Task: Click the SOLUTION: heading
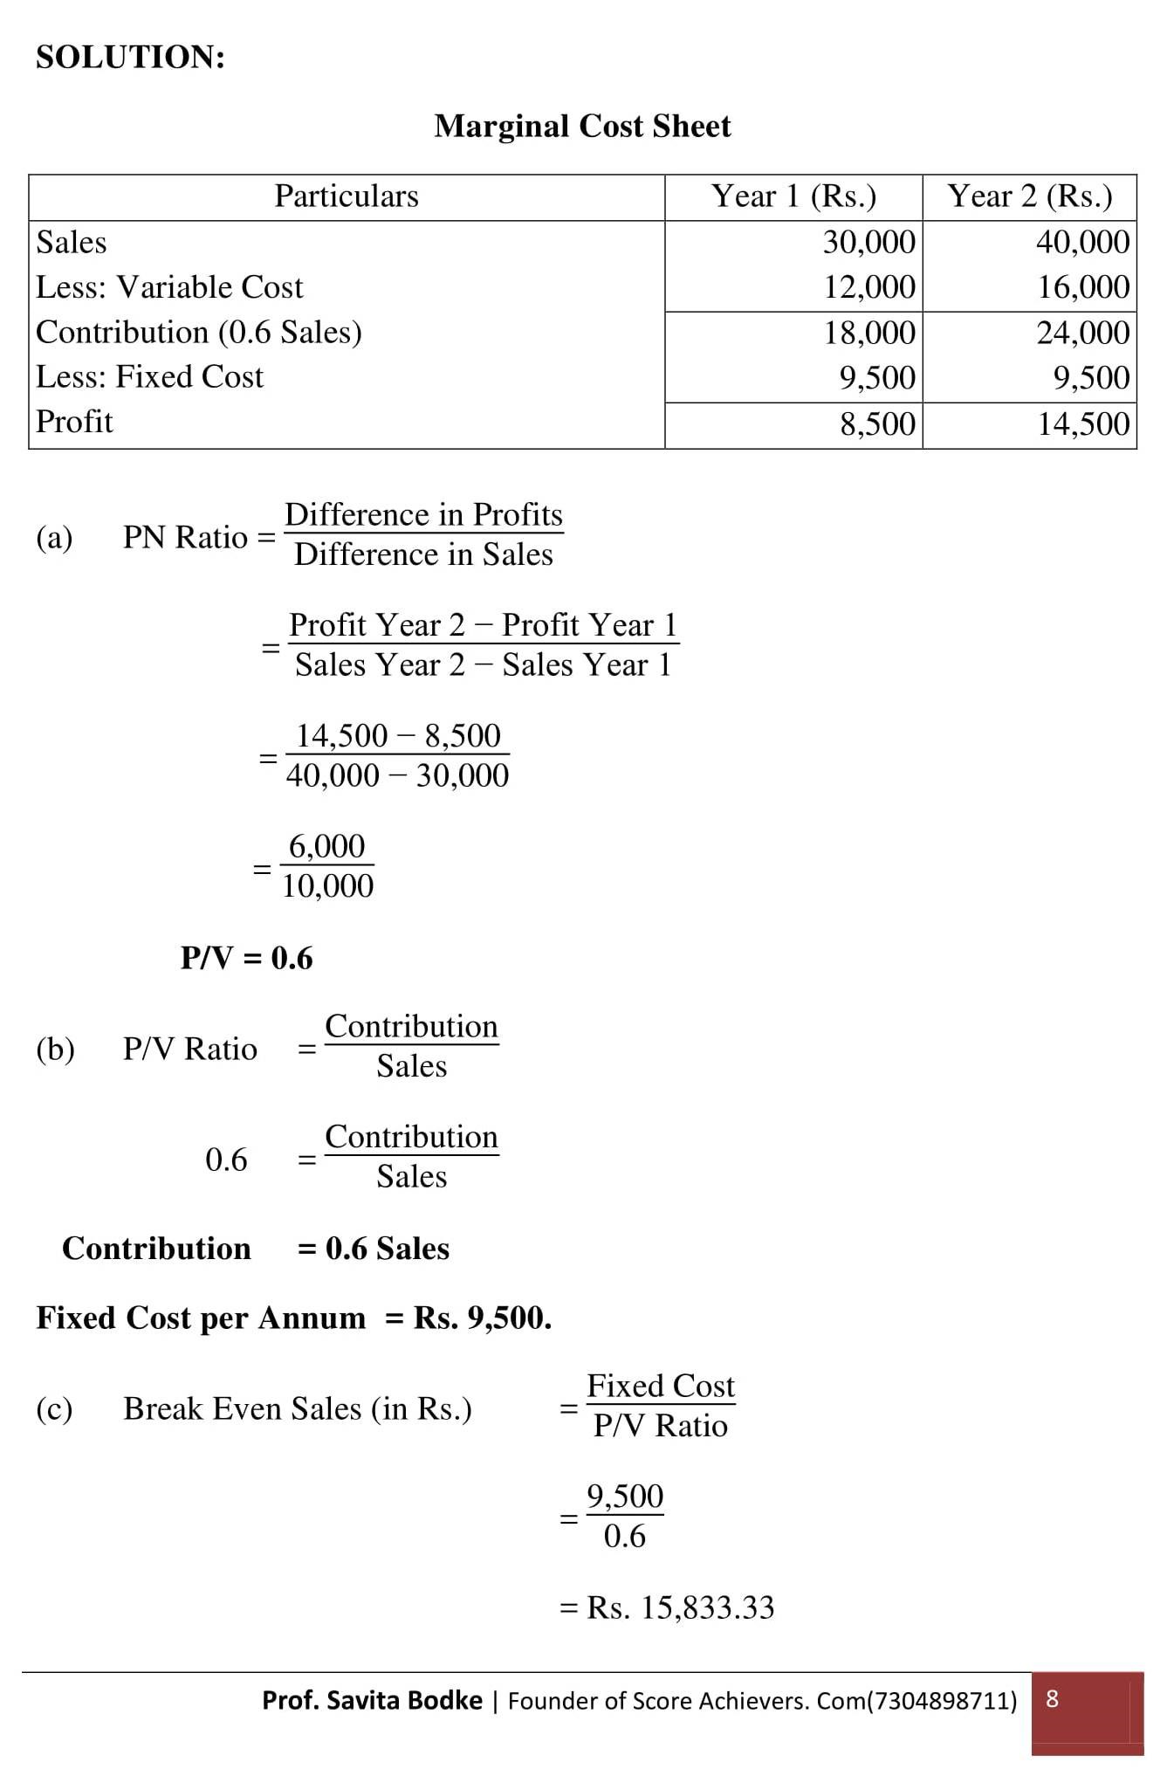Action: pyautogui.click(x=130, y=58)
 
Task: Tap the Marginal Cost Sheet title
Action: pyautogui.click(x=582, y=127)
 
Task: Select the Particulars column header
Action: pyautogui.click(x=347, y=196)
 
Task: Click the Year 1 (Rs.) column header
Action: pyautogui.click(x=793, y=196)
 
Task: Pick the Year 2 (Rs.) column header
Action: pyautogui.click(x=1030, y=196)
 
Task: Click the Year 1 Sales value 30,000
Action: pyautogui.click(x=869, y=242)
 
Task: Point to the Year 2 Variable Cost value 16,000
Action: pyautogui.click(x=1083, y=287)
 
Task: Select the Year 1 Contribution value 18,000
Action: pyautogui.click(x=870, y=333)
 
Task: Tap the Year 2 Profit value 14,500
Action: pyautogui.click(x=1083, y=424)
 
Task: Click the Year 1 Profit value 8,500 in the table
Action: pyautogui.click(x=878, y=424)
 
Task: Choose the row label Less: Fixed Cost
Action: pyautogui.click(x=149, y=377)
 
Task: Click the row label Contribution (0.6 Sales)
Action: pyautogui.click(x=199, y=333)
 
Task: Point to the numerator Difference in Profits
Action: pyautogui.click(x=423, y=515)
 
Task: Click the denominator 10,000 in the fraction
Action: pyautogui.click(x=327, y=886)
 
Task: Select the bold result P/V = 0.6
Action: pyautogui.click(x=246, y=959)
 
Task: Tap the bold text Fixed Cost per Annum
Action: pyautogui.click(x=201, y=1318)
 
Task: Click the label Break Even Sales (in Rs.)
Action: pyautogui.click(x=298, y=1408)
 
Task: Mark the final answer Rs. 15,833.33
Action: pyautogui.click(x=680, y=1607)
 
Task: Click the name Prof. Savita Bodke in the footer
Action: pyautogui.click(x=372, y=1700)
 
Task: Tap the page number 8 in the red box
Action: pyautogui.click(x=1052, y=1698)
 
